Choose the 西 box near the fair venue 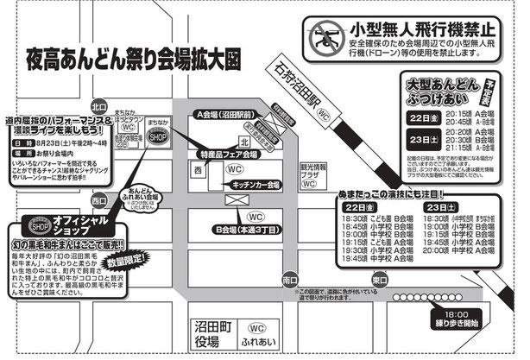[199, 171]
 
